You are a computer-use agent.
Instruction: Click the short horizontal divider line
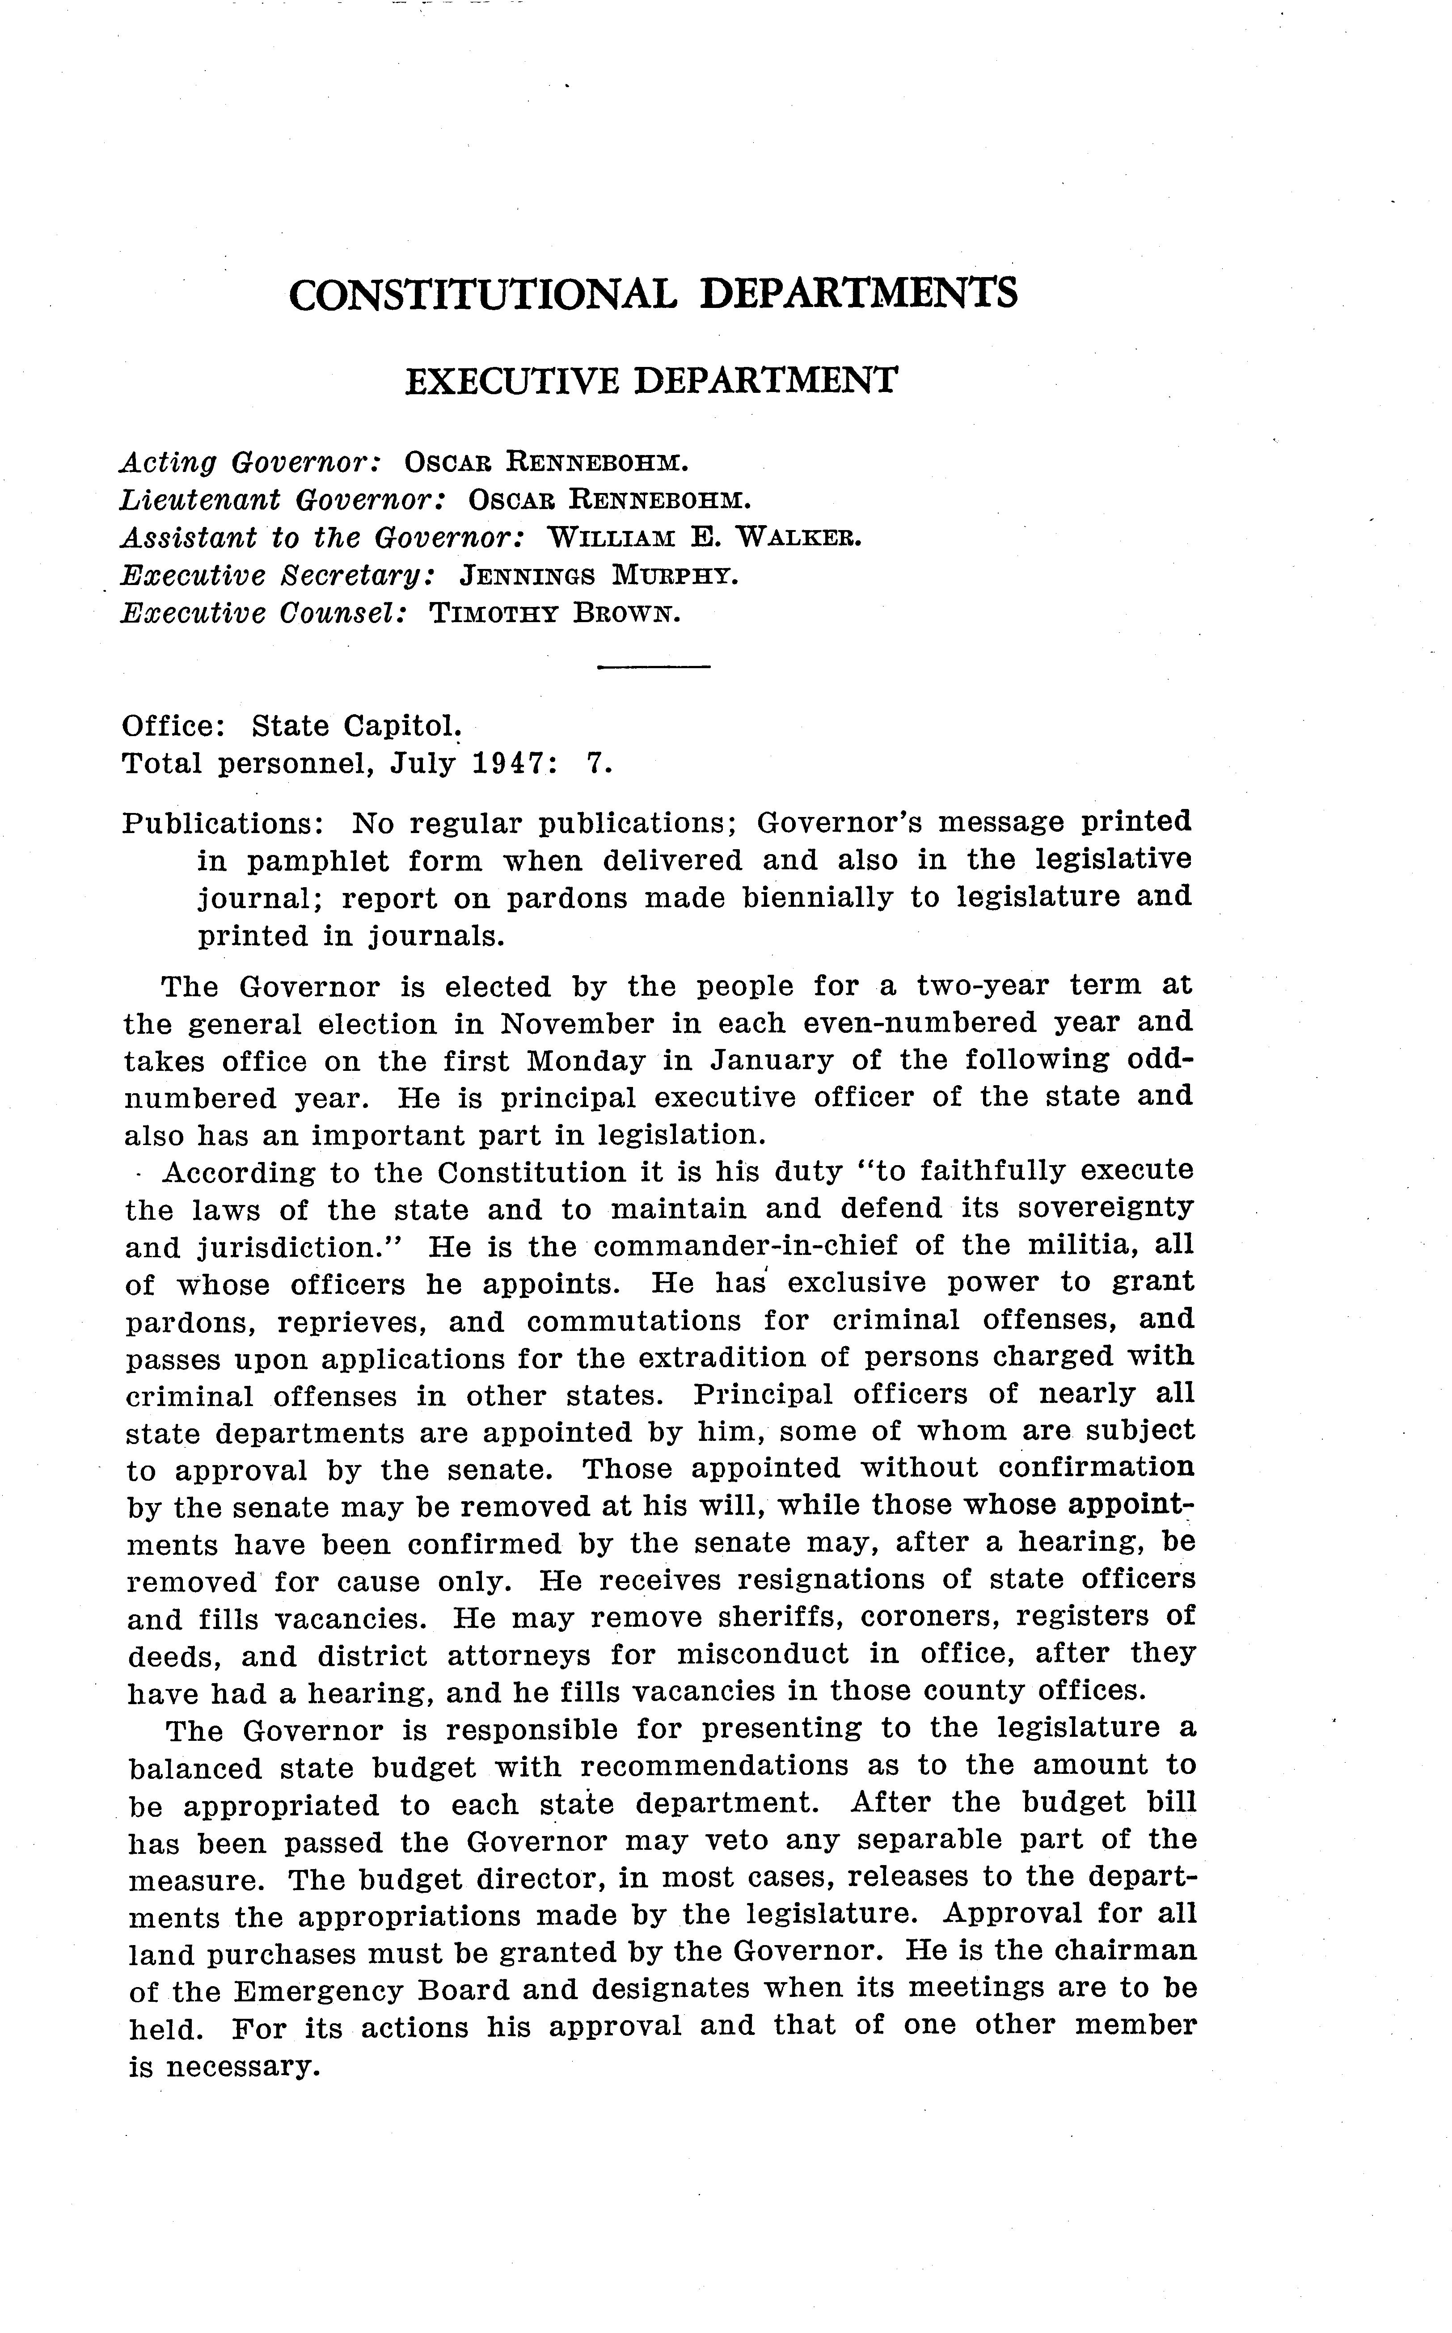[x=653, y=666]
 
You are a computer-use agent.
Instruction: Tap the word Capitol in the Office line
[x=383, y=726]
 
